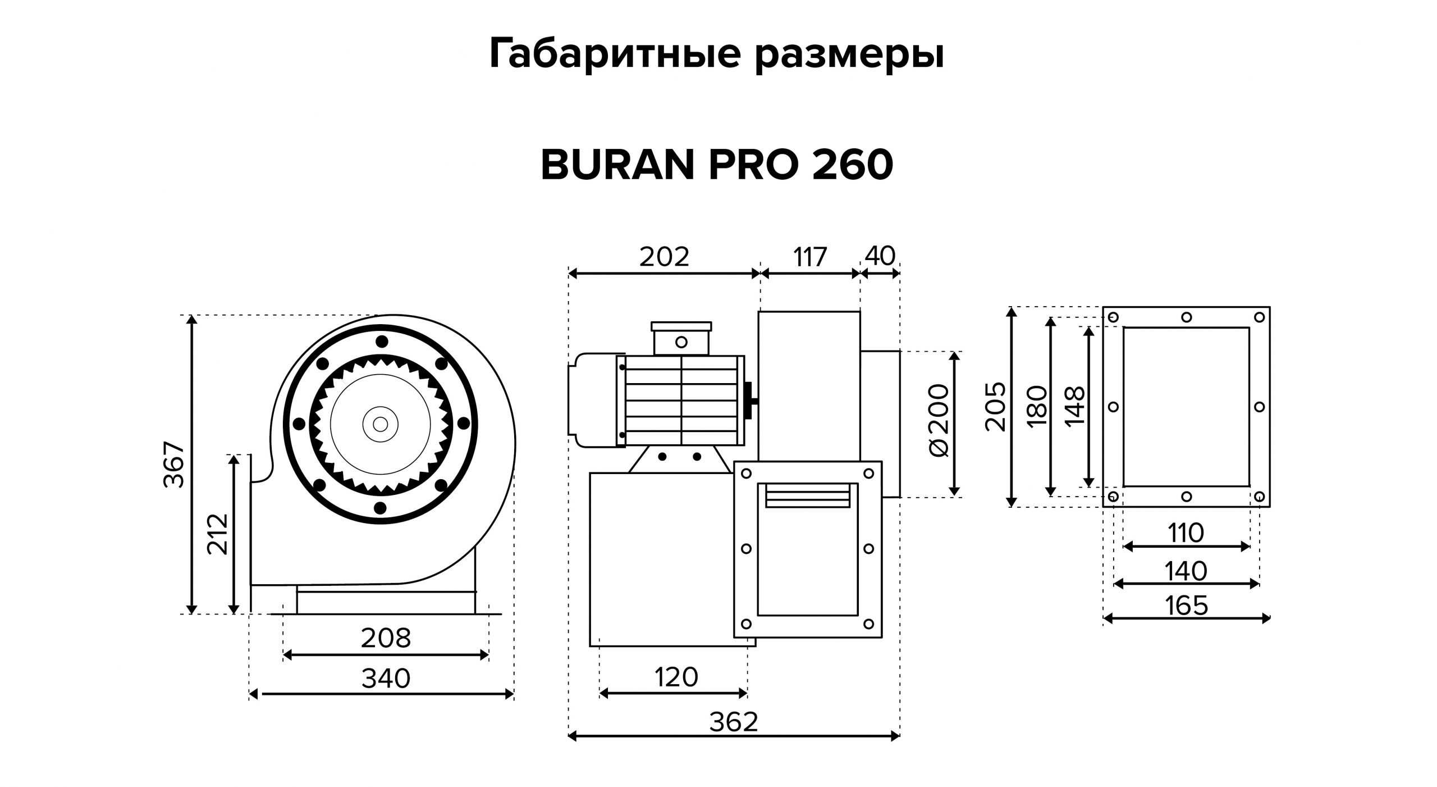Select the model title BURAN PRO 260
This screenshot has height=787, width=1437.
click(717, 166)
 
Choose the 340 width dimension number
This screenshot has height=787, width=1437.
click(386, 678)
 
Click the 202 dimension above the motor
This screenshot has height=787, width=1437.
click(664, 257)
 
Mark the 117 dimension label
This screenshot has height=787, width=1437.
click(810, 257)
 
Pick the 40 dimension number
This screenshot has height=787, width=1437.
click(880, 256)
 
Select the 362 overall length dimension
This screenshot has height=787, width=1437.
click(734, 722)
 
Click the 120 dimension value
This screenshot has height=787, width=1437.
click(676, 677)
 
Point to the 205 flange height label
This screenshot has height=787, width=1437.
click(996, 407)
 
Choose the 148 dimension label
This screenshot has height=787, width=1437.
click(1075, 406)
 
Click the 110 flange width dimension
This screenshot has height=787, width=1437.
click(1186, 533)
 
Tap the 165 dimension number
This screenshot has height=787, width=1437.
click(1186, 606)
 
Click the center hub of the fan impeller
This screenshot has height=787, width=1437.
click(380, 424)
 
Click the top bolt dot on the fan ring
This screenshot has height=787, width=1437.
click(382, 341)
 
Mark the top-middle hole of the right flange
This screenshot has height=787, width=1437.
click(1186, 317)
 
